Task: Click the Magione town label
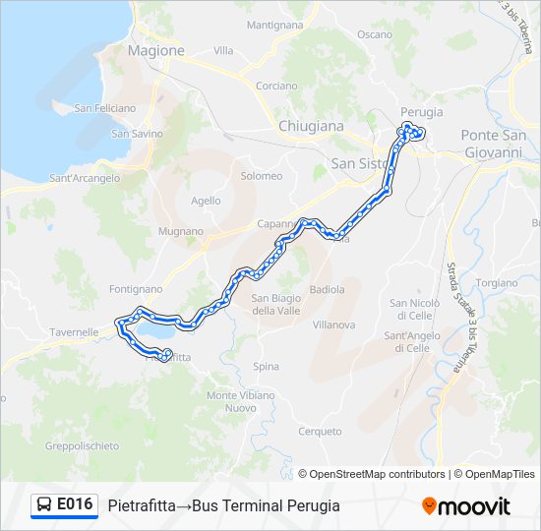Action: point(155,50)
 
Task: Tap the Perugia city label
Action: point(421,112)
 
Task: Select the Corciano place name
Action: point(276,86)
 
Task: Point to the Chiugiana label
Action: point(311,126)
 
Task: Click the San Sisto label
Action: point(357,163)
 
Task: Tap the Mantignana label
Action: point(275,24)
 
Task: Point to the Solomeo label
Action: point(261,176)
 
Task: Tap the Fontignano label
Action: point(136,289)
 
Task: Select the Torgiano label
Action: point(496,282)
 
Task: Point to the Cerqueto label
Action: point(321,431)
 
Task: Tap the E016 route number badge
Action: point(65,504)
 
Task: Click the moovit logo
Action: point(466,505)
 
